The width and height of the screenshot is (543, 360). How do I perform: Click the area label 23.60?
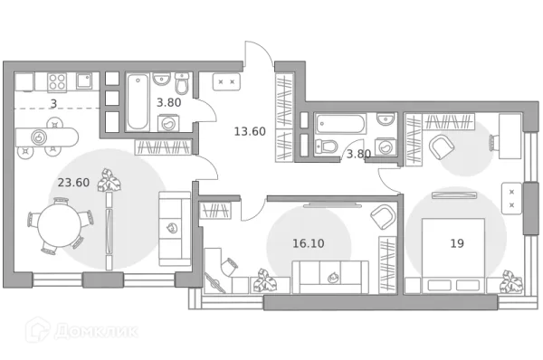pyautogui.click(x=73, y=182)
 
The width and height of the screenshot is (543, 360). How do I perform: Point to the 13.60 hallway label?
pyautogui.click(x=249, y=131)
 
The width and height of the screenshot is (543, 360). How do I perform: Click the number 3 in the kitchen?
pyautogui.click(x=53, y=103)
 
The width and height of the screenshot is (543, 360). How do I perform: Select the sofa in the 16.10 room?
pyautogui.click(x=330, y=274)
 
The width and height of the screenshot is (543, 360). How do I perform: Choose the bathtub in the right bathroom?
pyautogui.click(x=341, y=122)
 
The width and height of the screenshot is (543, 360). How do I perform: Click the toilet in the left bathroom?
pyautogui.click(x=182, y=86)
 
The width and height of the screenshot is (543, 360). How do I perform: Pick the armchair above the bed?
pyautogui.click(x=443, y=146)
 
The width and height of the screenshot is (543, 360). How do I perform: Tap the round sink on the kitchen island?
pyautogui.click(x=40, y=137)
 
